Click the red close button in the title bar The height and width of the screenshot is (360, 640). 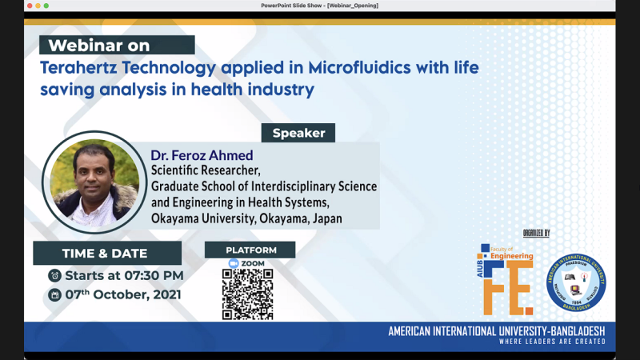[x=9, y=6]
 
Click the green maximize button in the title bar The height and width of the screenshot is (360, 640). [x=34, y=6]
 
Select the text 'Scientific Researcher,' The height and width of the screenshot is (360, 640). [x=206, y=170]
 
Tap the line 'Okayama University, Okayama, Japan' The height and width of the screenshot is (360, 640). [x=246, y=217]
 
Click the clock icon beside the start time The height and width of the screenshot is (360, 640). [x=54, y=275]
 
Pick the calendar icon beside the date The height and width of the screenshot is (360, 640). [x=54, y=294]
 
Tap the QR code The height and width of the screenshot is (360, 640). [x=247, y=294]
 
